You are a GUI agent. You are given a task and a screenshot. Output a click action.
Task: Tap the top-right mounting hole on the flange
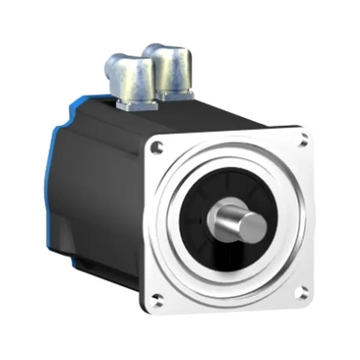coord(304,141)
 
